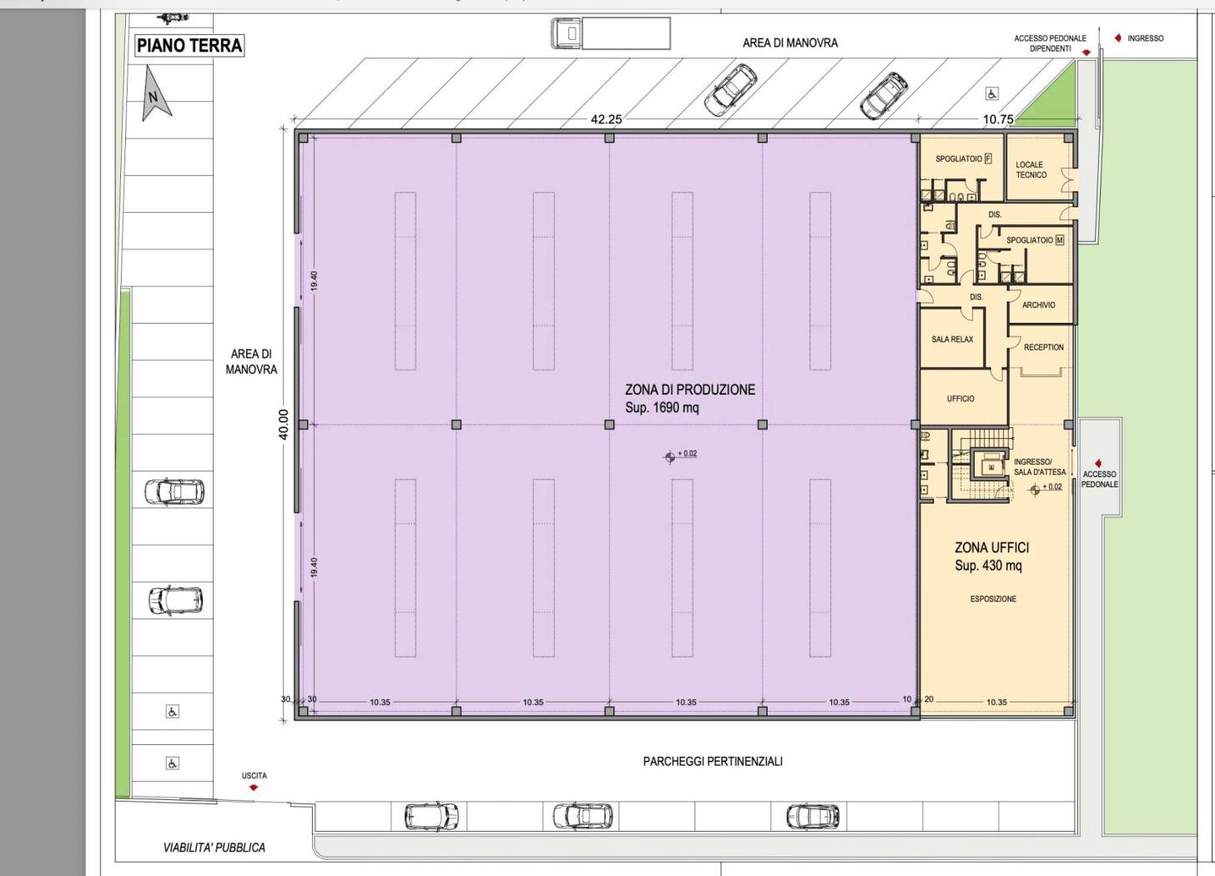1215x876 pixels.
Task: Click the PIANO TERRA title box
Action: tap(189, 46)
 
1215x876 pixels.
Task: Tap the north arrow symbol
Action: tap(155, 94)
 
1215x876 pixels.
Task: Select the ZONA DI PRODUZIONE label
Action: tap(690, 390)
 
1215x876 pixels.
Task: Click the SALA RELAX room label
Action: tap(952, 339)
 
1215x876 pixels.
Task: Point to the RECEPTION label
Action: tap(1044, 347)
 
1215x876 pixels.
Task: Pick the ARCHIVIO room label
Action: tap(1039, 305)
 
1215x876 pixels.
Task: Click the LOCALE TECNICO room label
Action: tap(1031, 169)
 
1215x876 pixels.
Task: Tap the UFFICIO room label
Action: tap(960, 399)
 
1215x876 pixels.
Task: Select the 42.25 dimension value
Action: tap(607, 119)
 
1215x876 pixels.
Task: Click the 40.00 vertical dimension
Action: tap(283, 424)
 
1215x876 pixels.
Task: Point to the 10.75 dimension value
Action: tap(998, 119)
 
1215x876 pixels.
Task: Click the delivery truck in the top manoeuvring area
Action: tap(610, 33)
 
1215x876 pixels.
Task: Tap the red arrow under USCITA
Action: tap(254, 788)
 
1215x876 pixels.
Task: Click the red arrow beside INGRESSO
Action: tap(1118, 38)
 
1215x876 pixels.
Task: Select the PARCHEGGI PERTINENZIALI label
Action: tap(713, 762)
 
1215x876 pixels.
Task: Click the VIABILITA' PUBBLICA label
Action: tap(214, 848)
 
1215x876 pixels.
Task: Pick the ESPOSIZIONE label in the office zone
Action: tap(993, 599)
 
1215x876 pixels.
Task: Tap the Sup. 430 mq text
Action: tap(988, 565)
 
